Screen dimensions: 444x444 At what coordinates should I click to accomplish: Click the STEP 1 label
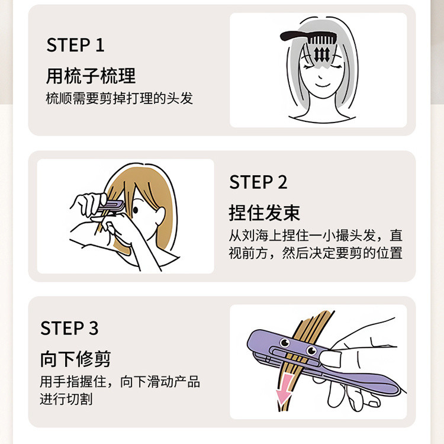click(75, 45)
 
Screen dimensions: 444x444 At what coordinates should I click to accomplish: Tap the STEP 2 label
click(258, 182)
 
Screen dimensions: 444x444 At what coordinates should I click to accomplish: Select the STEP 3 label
click(69, 328)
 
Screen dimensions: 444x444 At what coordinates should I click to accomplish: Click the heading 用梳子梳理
click(91, 76)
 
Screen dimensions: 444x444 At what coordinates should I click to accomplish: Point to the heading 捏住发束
click(265, 213)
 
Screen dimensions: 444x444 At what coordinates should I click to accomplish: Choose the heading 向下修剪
click(75, 359)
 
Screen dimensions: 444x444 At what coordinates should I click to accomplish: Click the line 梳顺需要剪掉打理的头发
click(119, 98)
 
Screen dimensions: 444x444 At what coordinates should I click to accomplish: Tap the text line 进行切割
click(66, 399)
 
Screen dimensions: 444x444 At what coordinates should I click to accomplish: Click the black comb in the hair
click(308, 37)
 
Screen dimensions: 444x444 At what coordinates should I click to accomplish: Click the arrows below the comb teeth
click(321, 54)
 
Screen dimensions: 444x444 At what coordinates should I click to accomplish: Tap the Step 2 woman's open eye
click(136, 210)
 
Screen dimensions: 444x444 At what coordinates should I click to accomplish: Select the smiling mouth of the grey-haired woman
click(323, 85)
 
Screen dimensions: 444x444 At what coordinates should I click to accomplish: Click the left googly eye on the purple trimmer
click(285, 343)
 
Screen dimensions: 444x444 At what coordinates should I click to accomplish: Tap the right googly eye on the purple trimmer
click(311, 350)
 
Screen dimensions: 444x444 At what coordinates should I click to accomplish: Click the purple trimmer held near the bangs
click(111, 207)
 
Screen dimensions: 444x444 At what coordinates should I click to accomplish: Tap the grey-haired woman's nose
click(320, 76)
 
